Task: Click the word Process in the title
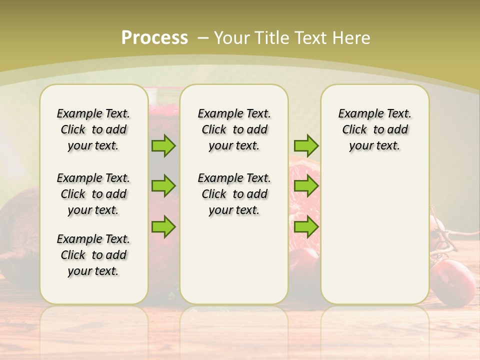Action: [x=154, y=37]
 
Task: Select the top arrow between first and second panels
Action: [x=163, y=145]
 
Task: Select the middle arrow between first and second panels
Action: [x=163, y=186]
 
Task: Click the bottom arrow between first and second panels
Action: [x=163, y=226]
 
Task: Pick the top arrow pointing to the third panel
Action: [x=306, y=145]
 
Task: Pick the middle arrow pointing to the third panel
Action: [x=306, y=186]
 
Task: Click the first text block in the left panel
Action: [x=93, y=129]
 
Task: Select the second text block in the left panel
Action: [x=93, y=194]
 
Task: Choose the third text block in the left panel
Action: [x=93, y=255]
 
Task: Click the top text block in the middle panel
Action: [x=234, y=129]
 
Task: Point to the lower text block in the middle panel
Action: [x=234, y=194]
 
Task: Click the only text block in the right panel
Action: [x=374, y=129]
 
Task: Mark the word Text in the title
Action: [x=312, y=37]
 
